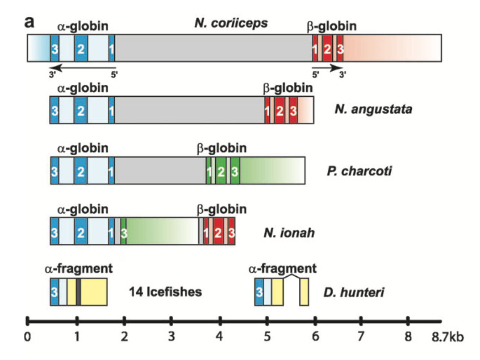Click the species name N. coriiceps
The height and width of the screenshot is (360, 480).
(231, 23)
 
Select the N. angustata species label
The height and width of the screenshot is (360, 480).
(373, 109)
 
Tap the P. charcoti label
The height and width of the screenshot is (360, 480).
(359, 171)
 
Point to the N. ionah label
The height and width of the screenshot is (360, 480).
(289, 232)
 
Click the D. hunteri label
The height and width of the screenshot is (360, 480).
(354, 292)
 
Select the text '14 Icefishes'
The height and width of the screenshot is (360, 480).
(165, 292)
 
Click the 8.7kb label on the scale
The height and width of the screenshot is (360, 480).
(447, 336)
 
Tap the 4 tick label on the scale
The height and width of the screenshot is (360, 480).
(219, 336)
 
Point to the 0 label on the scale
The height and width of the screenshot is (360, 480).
(27, 336)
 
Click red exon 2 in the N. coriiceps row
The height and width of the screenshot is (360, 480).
(327, 48)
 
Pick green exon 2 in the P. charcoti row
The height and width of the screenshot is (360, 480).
(221, 171)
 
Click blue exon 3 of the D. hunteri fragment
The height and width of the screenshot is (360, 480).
(259, 292)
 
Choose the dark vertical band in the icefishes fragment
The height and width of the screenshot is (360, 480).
(78, 292)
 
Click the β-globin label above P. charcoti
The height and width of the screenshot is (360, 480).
(222, 148)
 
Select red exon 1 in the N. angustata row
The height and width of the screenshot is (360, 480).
(267, 110)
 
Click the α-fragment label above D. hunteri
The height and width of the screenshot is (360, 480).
(282, 268)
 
